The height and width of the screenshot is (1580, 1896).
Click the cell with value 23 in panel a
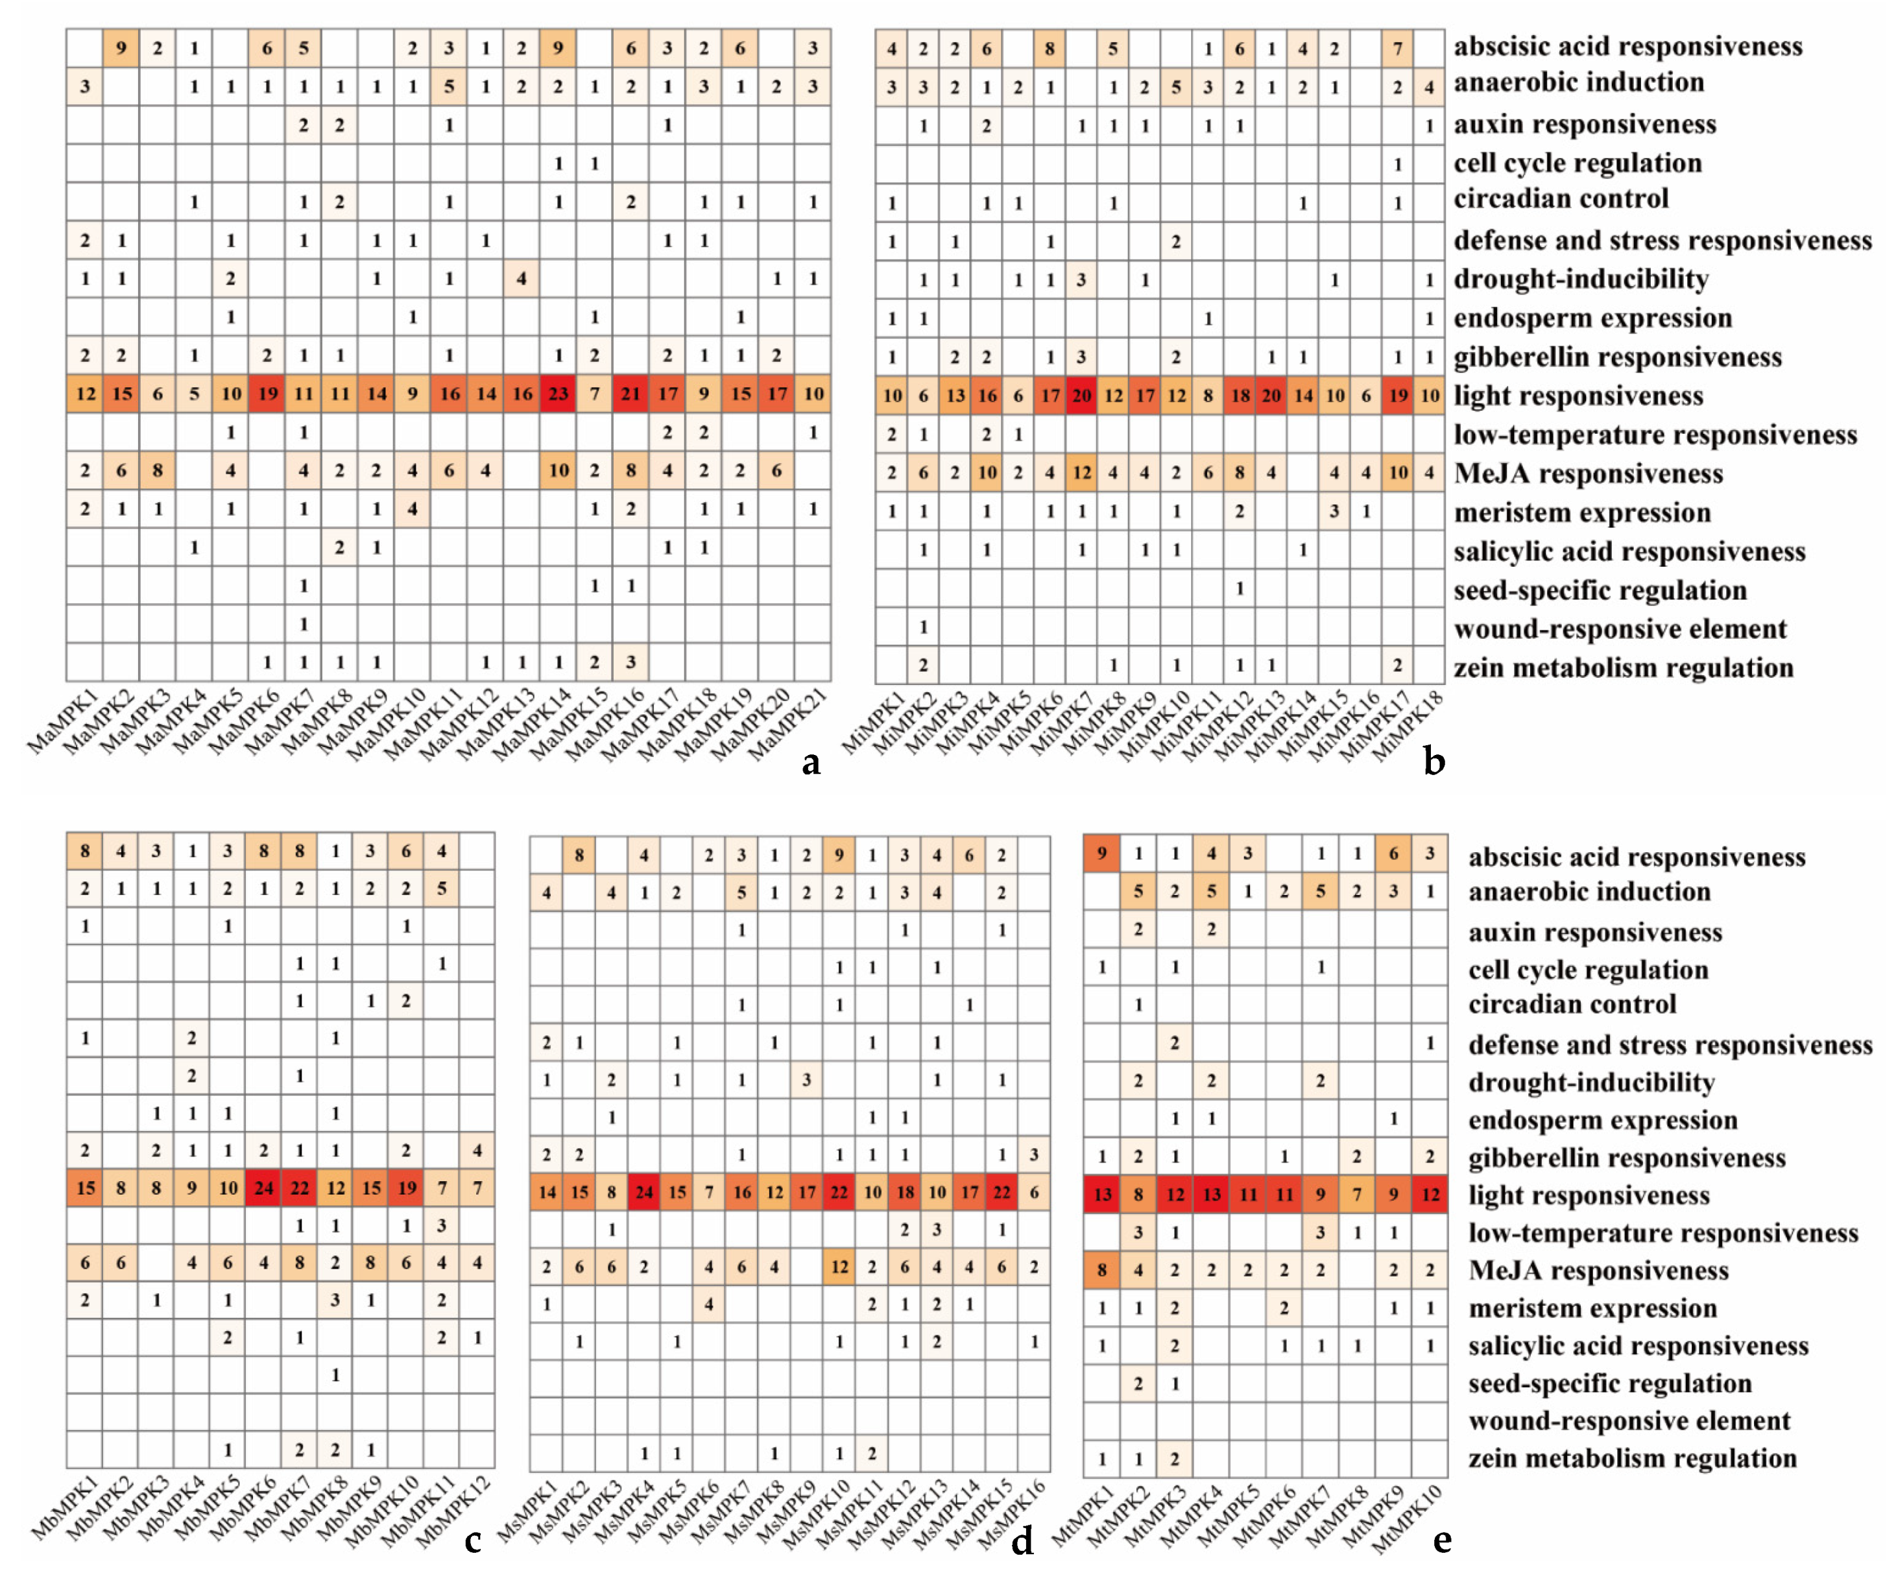pyautogui.click(x=558, y=394)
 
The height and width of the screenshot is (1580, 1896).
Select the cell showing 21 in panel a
pyautogui.click(x=631, y=394)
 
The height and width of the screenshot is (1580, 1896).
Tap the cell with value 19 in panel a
pyautogui.click(x=267, y=394)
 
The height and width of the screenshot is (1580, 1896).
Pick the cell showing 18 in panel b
pyautogui.click(x=1240, y=396)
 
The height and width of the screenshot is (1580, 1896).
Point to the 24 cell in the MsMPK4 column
pyautogui.click(x=643, y=1191)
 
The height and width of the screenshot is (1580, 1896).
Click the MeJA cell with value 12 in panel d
pyautogui.click(x=839, y=1267)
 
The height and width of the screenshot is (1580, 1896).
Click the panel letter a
pyautogui.click(x=811, y=763)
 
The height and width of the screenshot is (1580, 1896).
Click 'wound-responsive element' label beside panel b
pyautogui.click(x=1620, y=629)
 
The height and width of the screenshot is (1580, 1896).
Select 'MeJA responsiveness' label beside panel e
pyautogui.click(x=1598, y=1271)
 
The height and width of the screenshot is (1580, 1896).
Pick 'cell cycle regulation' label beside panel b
pyautogui.click(x=1578, y=163)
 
